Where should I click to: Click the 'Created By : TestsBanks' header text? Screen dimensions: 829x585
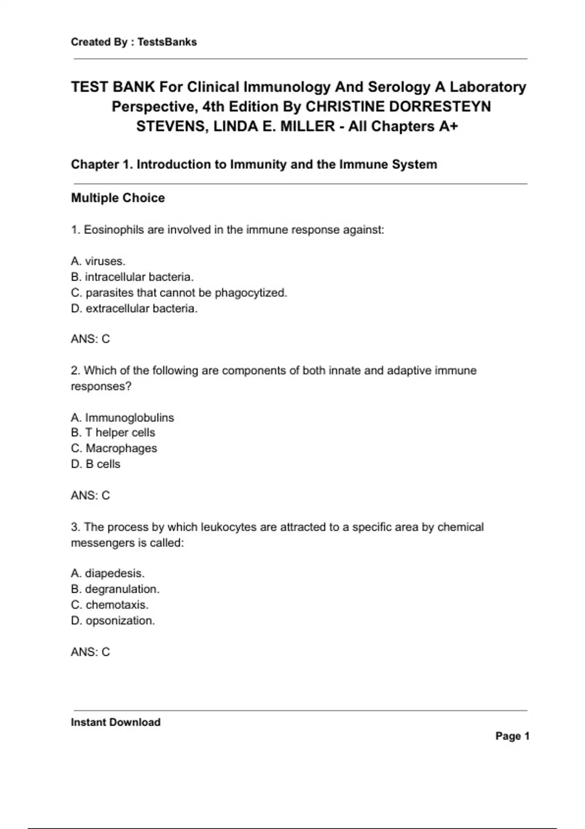[x=134, y=42]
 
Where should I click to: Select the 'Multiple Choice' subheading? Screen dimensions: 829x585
[x=117, y=198]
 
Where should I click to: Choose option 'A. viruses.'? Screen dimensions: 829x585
[x=98, y=261]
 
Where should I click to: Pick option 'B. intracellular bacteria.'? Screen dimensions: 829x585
[x=132, y=277]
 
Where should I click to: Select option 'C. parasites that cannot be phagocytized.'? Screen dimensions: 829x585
[x=179, y=293]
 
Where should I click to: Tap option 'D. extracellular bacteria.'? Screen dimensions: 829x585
[x=134, y=309]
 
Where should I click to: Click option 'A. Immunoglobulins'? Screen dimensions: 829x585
[x=122, y=417]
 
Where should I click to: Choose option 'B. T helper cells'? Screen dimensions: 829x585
[x=113, y=433]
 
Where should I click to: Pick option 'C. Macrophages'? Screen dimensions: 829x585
[x=114, y=448]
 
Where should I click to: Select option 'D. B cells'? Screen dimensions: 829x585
[x=96, y=464]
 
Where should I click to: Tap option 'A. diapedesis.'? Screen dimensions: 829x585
[x=108, y=573]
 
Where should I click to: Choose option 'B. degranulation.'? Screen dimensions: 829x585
[x=115, y=589]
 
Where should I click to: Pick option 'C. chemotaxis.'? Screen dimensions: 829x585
[x=110, y=605]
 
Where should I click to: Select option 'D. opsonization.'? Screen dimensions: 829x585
[x=113, y=621]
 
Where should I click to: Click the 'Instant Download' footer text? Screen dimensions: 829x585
[x=116, y=722]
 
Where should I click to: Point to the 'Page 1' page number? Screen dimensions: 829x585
[x=512, y=736]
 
